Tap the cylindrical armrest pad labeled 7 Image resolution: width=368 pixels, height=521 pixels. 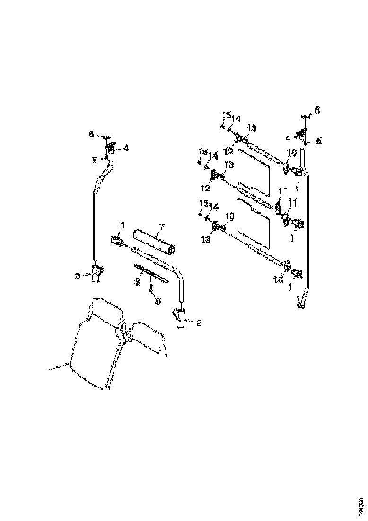click(x=154, y=241)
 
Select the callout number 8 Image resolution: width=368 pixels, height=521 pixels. click(x=138, y=281)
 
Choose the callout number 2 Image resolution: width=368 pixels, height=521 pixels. click(x=199, y=323)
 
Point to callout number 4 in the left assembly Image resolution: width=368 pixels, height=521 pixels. click(x=126, y=148)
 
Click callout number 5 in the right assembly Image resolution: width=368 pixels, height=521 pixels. click(x=318, y=141)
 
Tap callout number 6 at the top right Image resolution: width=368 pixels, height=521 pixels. click(x=317, y=109)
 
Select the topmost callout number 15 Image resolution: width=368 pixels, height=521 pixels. click(x=226, y=115)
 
